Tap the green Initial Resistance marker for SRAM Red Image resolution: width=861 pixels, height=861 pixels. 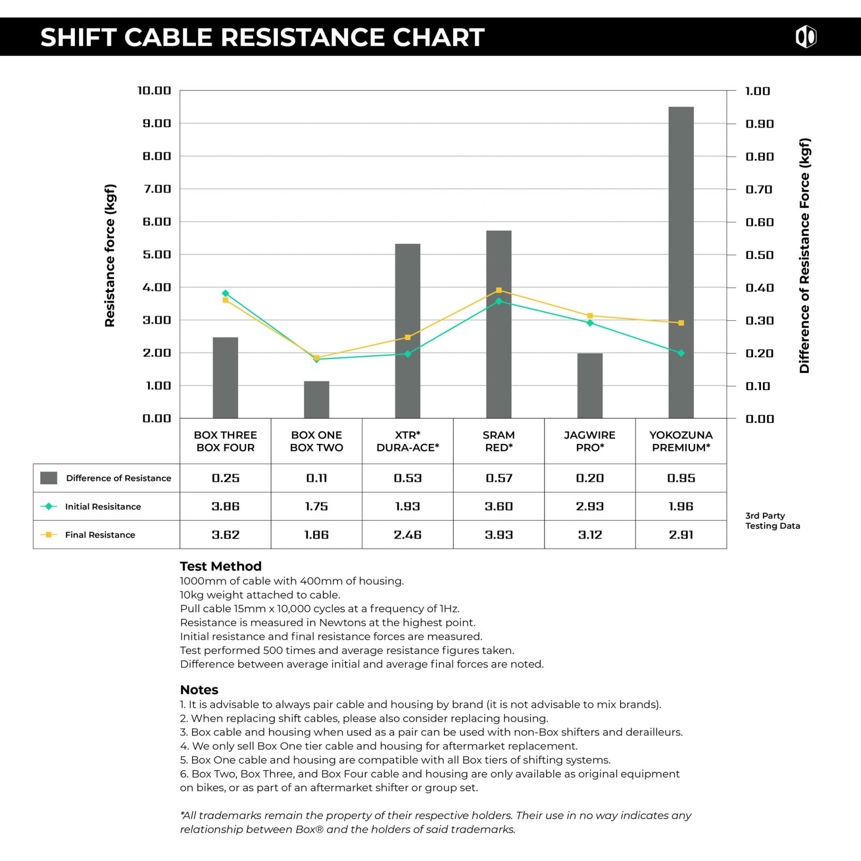[x=499, y=301]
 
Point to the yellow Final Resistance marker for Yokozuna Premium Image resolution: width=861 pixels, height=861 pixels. [x=681, y=323]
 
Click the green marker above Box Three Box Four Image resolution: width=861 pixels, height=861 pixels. [x=225, y=293]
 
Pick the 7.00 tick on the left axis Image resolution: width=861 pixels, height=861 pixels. [x=157, y=189]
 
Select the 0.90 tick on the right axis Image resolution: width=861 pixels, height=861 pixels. [x=759, y=124]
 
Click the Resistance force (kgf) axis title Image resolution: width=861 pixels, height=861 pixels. [x=110, y=256]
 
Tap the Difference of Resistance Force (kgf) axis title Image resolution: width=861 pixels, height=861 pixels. [x=804, y=256]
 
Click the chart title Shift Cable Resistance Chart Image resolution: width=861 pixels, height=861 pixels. [x=263, y=37]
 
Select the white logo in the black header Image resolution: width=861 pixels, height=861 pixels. [x=806, y=37]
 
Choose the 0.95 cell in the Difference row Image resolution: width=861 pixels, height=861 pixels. [x=681, y=478]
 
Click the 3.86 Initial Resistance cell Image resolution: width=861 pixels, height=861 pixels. [x=225, y=506]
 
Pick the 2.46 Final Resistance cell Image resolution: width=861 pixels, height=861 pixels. [x=407, y=535]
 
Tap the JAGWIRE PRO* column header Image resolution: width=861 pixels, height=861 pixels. [x=590, y=441]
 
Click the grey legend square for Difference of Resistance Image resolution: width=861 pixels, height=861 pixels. [x=48, y=478]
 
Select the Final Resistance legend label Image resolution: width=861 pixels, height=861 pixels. [x=100, y=535]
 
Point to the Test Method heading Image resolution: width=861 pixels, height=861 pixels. [x=221, y=566]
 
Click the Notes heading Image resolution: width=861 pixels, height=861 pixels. [x=199, y=690]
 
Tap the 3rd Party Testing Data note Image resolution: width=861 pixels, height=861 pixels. [x=772, y=520]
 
